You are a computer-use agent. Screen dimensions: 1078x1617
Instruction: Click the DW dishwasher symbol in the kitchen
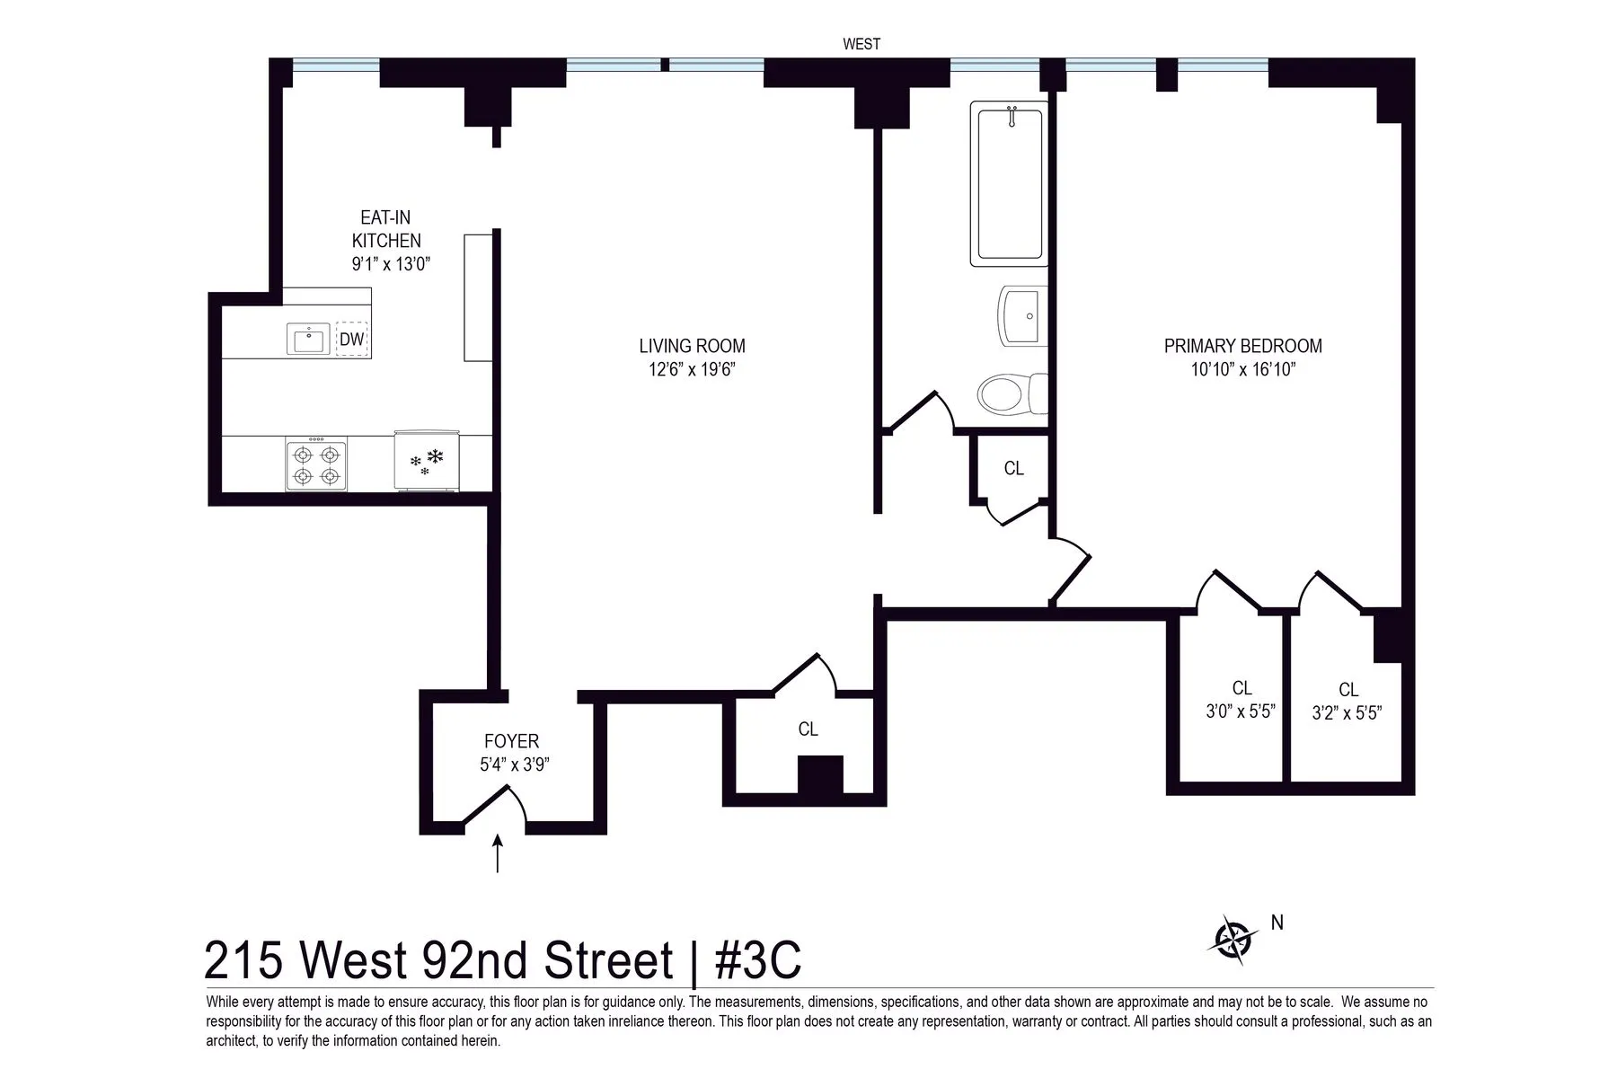352,340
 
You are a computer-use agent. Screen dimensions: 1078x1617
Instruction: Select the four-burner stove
316,465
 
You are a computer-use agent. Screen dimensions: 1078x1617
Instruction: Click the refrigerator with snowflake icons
429,464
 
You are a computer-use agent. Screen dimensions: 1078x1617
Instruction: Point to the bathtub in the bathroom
1009,184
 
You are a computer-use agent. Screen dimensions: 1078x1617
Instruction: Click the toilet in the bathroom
1011,393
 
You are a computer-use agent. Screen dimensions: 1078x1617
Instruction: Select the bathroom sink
1023,316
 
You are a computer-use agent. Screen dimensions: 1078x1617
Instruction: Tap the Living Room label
692,346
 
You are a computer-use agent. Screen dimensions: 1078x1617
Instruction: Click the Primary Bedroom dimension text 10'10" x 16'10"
1242,369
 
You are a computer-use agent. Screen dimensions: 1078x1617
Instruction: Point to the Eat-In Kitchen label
386,229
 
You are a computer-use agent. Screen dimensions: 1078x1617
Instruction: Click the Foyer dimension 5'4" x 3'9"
514,764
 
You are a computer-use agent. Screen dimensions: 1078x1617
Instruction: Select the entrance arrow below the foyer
497,853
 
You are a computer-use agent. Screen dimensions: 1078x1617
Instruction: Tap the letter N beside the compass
1277,923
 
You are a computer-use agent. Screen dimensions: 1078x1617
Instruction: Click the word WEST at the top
861,44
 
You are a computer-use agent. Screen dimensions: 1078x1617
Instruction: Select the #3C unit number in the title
757,961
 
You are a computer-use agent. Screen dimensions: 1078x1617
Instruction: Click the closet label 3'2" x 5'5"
1347,713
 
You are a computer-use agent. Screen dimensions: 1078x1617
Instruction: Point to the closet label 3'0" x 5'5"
1241,711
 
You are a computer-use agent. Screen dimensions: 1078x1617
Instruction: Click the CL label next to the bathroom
1013,468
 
